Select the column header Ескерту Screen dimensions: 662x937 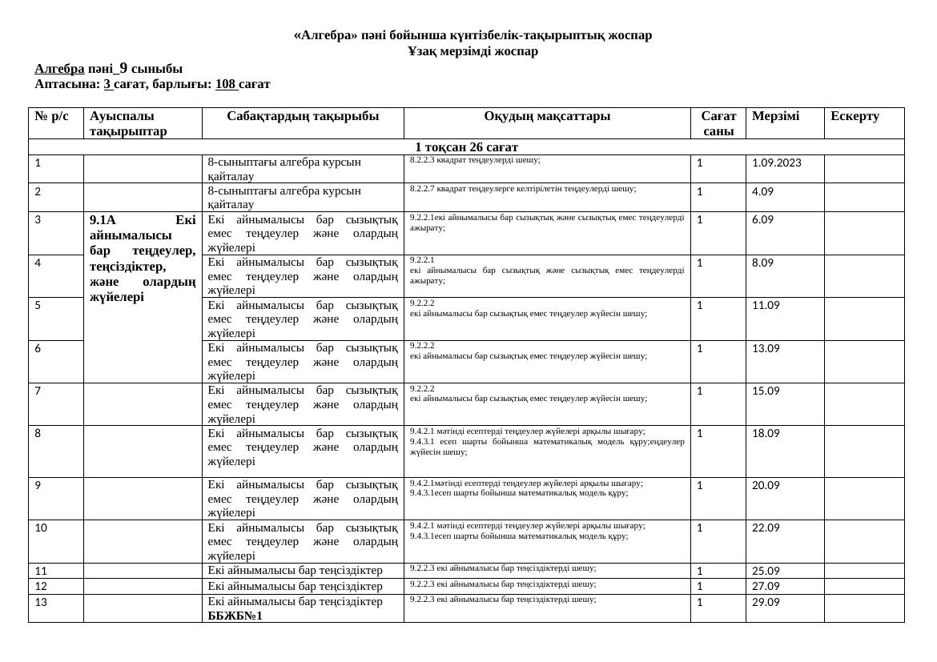click(855, 116)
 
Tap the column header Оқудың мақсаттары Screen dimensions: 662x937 click(547, 116)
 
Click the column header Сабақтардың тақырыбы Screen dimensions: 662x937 click(303, 116)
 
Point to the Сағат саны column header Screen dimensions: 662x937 click(718, 123)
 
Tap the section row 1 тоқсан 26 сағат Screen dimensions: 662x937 click(466, 147)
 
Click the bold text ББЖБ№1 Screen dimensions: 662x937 click(235, 616)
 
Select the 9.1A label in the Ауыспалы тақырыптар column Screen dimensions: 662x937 click(103, 219)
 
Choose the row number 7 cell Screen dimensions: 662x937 click(39, 391)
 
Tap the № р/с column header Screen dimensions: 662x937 click(53, 116)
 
